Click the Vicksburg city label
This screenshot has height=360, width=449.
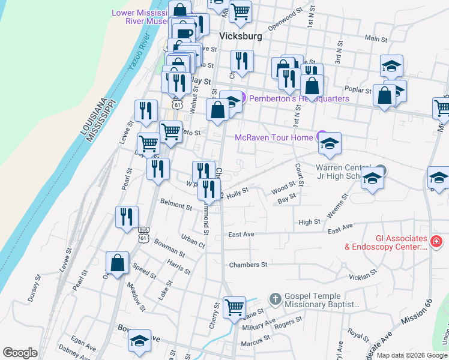click(x=241, y=36)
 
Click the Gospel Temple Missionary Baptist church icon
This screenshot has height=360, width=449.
click(x=275, y=298)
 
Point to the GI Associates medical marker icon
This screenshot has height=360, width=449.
click(x=436, y=242)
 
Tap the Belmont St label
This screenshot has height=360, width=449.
click(x=176, y=206)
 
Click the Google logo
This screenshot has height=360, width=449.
click(x=20, y=353)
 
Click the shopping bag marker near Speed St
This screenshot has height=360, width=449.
click(x=117, y=263)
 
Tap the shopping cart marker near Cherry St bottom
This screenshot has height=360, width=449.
click(x=234, y=307)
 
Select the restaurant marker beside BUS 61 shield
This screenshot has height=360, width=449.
click(x=127, y=217)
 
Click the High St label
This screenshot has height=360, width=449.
click(x=309, y=222)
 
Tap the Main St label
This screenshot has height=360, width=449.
click(x=376, y=38)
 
